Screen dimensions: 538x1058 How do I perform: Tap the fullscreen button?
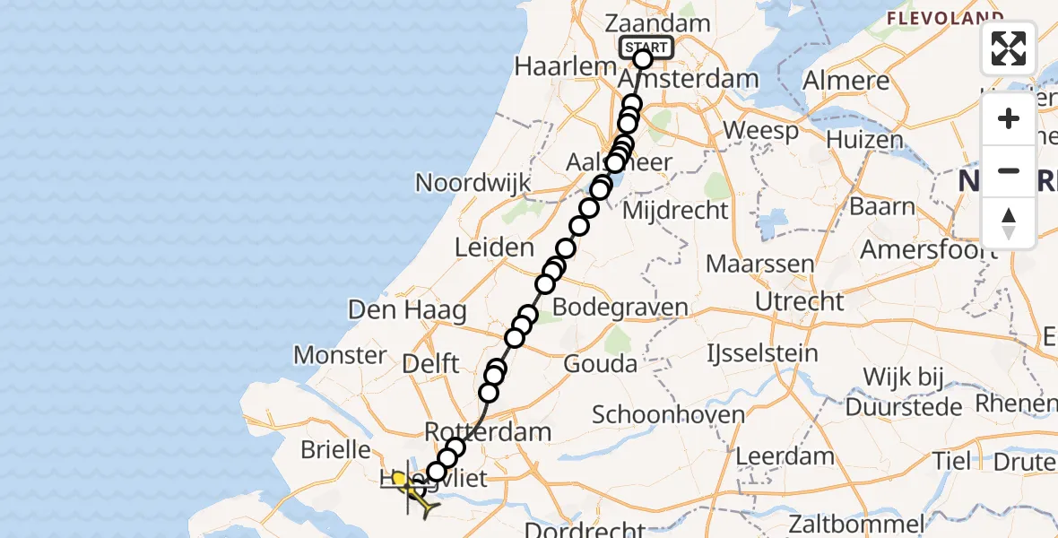pos(1009,48)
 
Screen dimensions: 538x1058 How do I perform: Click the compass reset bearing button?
pos(1009,223)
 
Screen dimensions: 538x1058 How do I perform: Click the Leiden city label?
pos(495,247)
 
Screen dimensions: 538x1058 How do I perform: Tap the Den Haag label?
pos(407,311)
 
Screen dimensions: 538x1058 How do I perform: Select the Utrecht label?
pos(800,301)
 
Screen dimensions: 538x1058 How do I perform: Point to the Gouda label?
pos(601,364)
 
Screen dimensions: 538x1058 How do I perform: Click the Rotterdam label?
pos(489,432)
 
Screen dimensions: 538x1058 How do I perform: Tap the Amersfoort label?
pos(929,249)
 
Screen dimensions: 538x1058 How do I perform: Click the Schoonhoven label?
pos(669,415)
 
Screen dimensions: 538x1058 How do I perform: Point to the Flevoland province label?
pos(945,18)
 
